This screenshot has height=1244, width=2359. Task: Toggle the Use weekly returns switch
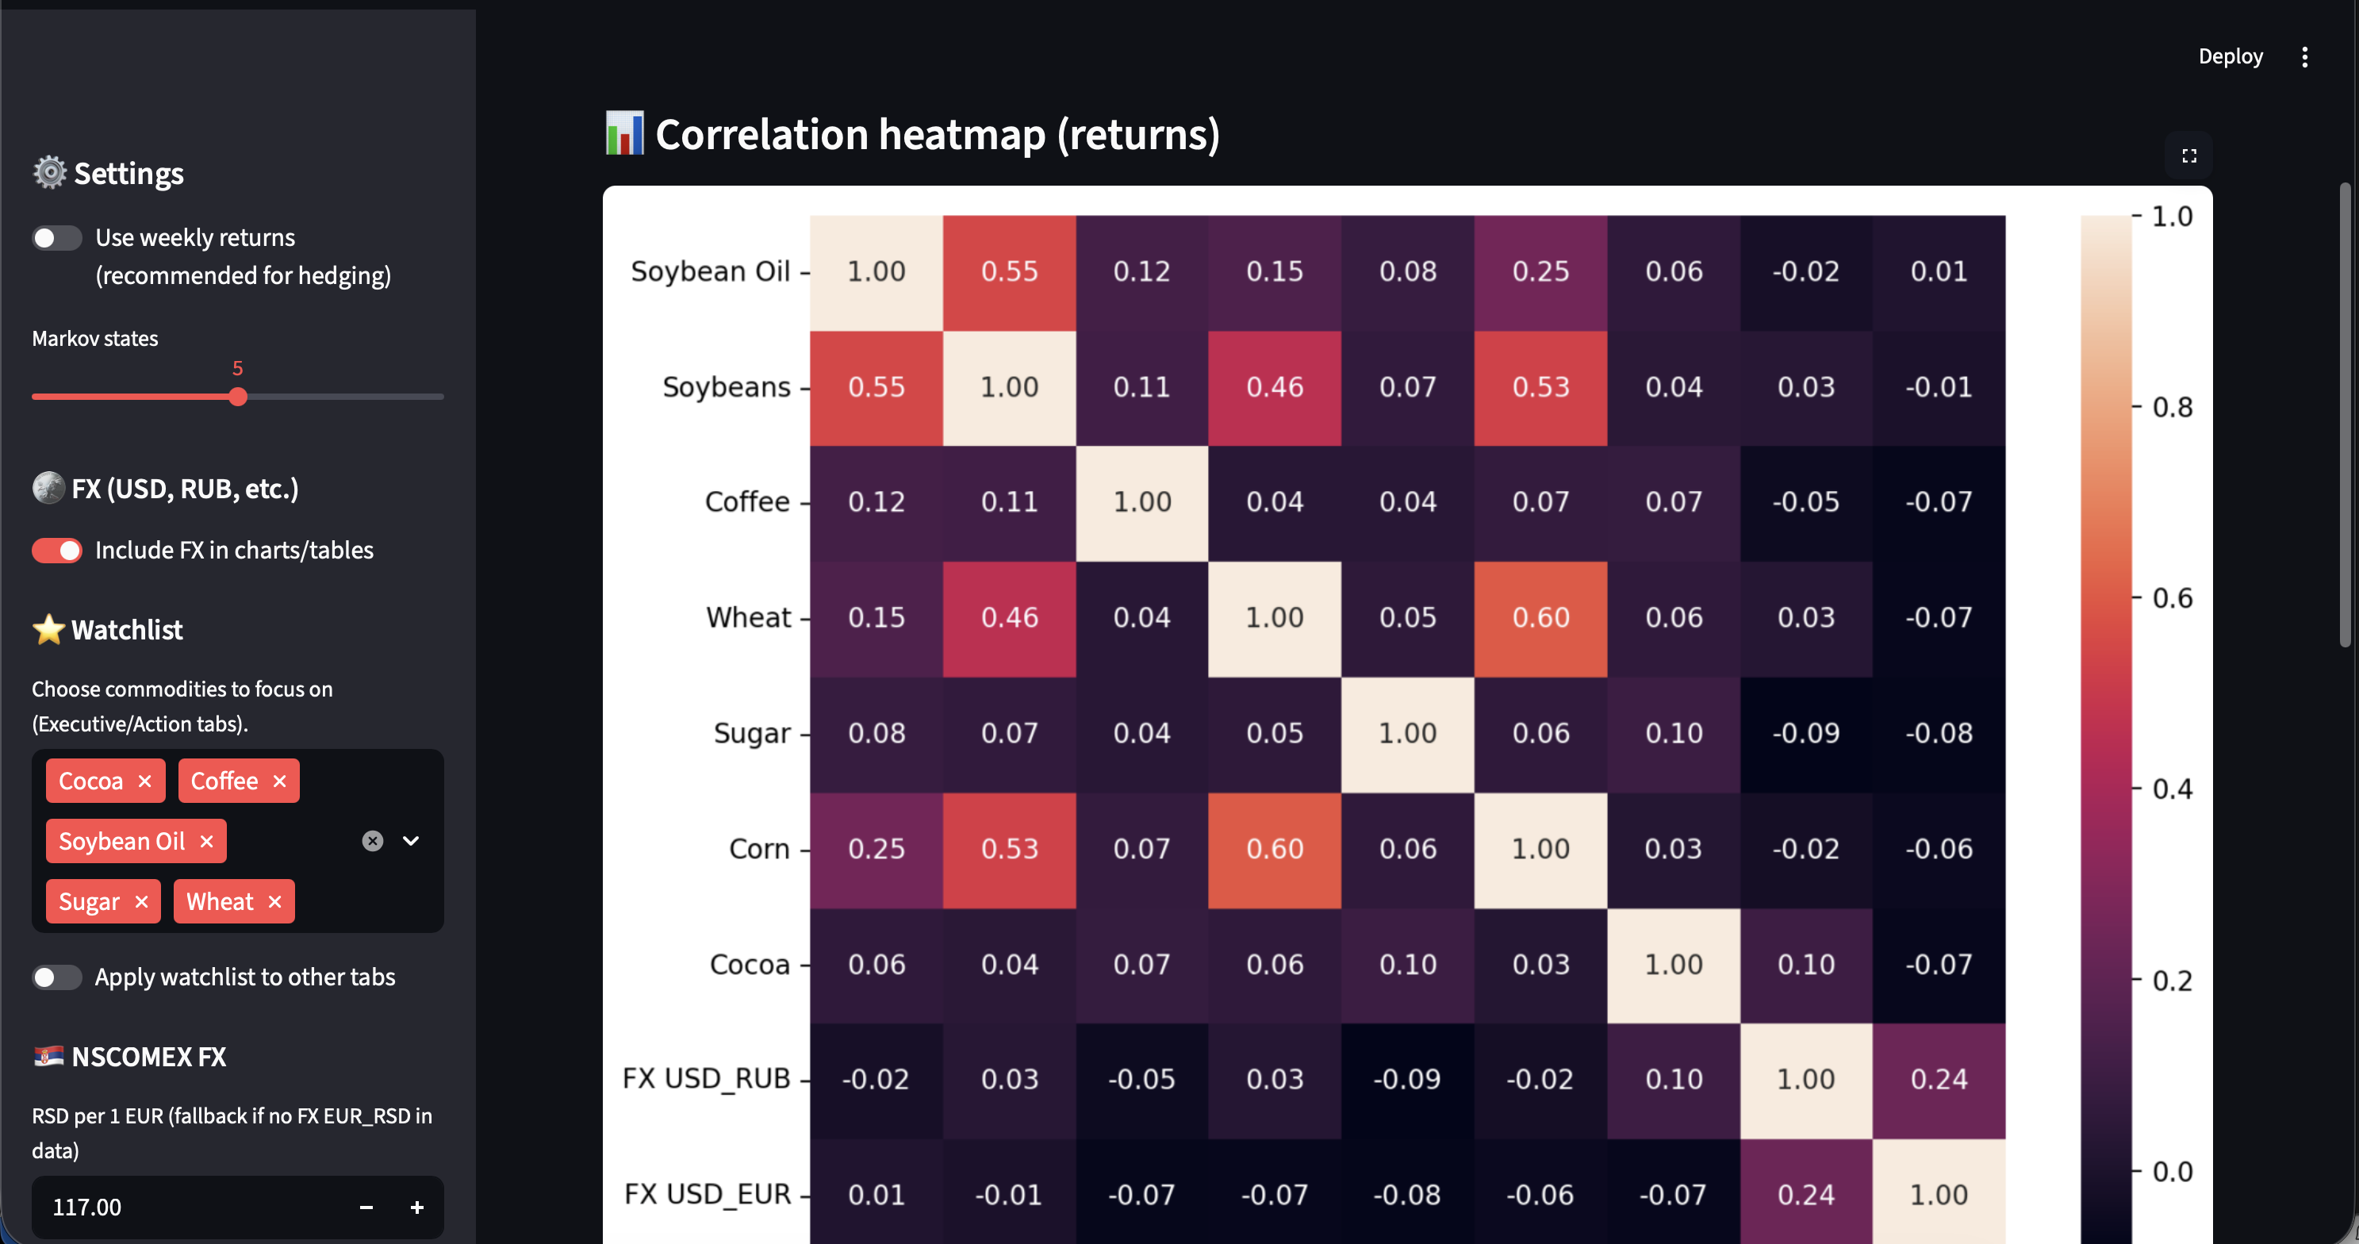(57, 238)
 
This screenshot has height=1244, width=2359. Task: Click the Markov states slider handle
(238, 397)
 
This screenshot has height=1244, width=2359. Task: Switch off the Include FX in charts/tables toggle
(57, 551)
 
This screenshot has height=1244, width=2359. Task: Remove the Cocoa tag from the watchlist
(144, 781)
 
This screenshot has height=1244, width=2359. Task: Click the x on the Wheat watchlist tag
(274, 902)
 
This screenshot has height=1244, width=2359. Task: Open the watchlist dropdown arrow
(411, 841)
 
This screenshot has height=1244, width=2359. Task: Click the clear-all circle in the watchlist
(373, 841)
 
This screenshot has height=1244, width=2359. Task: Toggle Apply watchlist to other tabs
(57, 977)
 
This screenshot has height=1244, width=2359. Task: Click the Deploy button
(2231, 57)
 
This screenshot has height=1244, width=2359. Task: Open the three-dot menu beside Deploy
(2305, 57)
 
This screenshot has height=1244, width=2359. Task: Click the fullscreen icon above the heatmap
(2189, 155)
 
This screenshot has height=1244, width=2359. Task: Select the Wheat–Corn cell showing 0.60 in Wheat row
(1541, 618)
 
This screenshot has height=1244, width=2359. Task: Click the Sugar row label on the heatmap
(752, 734)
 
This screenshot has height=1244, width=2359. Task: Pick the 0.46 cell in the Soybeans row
(1275, 387)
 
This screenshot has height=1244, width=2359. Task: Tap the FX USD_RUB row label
(706, 1079)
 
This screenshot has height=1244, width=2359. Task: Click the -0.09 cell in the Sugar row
(1807, 734)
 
